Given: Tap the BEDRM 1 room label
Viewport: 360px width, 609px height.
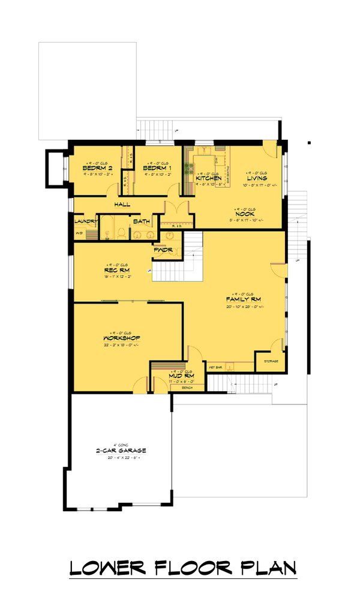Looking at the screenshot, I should tap(157, 169).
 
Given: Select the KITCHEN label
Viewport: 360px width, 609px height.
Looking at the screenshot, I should tap(209, 178).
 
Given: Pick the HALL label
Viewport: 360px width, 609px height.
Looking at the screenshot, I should tap(122, 205).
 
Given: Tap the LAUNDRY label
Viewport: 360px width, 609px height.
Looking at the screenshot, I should tap(86, 221).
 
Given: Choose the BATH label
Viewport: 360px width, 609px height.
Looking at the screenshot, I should tap(142, 221).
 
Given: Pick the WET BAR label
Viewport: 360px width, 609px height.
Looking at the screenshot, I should tap(215, 365).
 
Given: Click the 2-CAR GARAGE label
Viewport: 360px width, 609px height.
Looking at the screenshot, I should tap(121, 451).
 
